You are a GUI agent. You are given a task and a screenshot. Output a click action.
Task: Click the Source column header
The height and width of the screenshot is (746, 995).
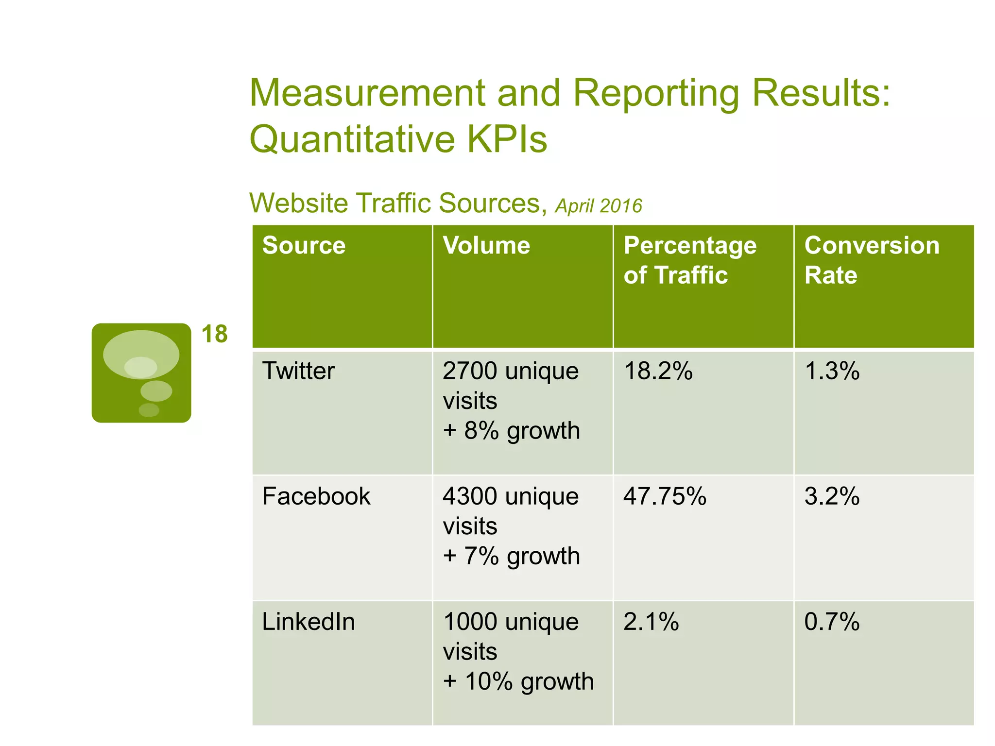point(304,246)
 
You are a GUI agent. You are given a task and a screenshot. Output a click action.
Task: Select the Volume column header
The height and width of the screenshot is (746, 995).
point(486,246)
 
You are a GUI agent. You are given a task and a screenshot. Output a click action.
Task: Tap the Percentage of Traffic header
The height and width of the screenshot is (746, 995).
point(689,260)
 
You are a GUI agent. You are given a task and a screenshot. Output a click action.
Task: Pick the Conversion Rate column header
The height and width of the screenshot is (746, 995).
point(872,260)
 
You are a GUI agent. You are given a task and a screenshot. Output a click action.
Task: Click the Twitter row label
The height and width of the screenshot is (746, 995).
point(298,371)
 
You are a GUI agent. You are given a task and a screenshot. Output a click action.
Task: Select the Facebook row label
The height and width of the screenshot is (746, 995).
point(316,496)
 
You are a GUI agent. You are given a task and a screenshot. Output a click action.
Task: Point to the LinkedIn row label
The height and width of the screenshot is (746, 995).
point(309,622)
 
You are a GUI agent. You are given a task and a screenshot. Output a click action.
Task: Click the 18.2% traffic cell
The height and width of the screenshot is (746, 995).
point(658,371)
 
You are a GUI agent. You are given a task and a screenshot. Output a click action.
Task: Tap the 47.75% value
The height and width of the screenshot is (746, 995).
point(664,496)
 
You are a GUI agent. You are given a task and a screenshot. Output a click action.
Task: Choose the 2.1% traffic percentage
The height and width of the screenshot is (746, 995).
point(651,622)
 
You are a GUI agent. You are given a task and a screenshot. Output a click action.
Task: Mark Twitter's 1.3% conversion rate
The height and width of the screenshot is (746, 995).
point(831,371)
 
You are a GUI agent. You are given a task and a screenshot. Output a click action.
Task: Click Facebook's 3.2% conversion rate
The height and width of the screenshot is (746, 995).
point(831,496)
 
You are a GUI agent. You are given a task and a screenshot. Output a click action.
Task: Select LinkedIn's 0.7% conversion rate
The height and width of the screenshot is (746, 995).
point(831,622)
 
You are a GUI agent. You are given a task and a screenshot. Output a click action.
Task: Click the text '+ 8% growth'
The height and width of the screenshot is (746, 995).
point(511,431)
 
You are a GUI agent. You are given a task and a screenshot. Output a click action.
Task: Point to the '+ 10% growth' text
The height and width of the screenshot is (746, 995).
point(518,681)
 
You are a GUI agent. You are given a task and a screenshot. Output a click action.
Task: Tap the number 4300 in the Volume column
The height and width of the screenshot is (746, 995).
point(470,496)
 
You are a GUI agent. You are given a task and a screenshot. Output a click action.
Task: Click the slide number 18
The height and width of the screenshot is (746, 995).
point(214,334)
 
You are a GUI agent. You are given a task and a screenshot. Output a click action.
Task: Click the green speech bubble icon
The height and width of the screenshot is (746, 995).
point(141,373)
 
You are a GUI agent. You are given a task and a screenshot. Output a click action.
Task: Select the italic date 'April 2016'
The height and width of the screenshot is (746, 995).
point(598,206)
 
